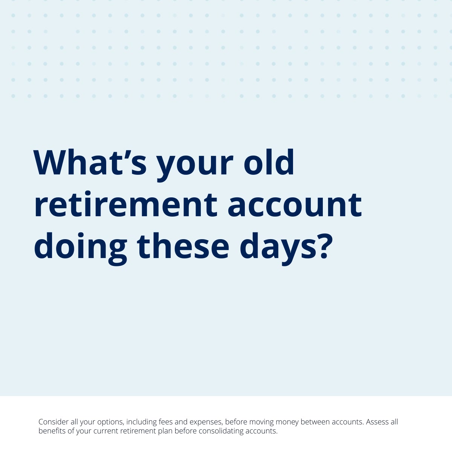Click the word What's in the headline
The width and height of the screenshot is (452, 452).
[90, 162]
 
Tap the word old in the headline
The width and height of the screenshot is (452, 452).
[269, 162]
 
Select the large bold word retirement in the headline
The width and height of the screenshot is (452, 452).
[126, 204]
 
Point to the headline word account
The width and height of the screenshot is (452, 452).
[295, 205]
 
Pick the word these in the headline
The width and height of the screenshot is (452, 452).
[183, 246]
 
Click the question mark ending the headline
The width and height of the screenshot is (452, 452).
[326, 246]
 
